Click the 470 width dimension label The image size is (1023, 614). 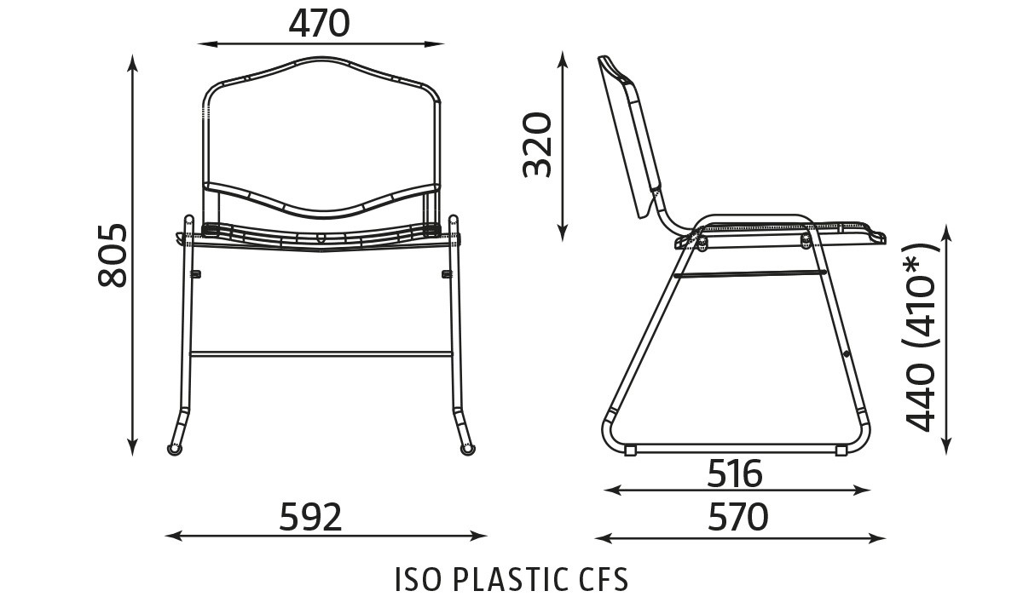coord(319,23)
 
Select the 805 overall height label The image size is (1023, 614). coord(113,255)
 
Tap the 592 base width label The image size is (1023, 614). coord(310,517)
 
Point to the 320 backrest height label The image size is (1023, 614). coord(538,144)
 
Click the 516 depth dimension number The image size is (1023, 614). coord(734,473)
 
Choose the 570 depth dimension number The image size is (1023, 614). coord(737,517)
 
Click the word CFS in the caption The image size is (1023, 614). coord(597,580)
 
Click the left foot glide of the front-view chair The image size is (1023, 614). coord(175,448)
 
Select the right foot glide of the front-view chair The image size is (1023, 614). coord(467,448)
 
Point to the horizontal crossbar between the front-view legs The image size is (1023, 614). coord(320,352)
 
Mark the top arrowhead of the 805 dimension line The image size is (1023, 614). coord(132,60)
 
